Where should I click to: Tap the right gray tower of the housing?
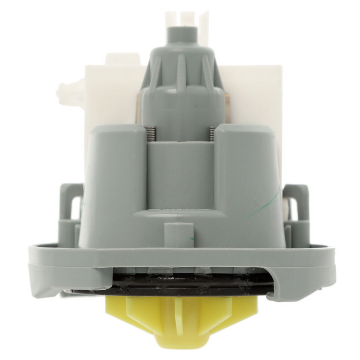247,180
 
